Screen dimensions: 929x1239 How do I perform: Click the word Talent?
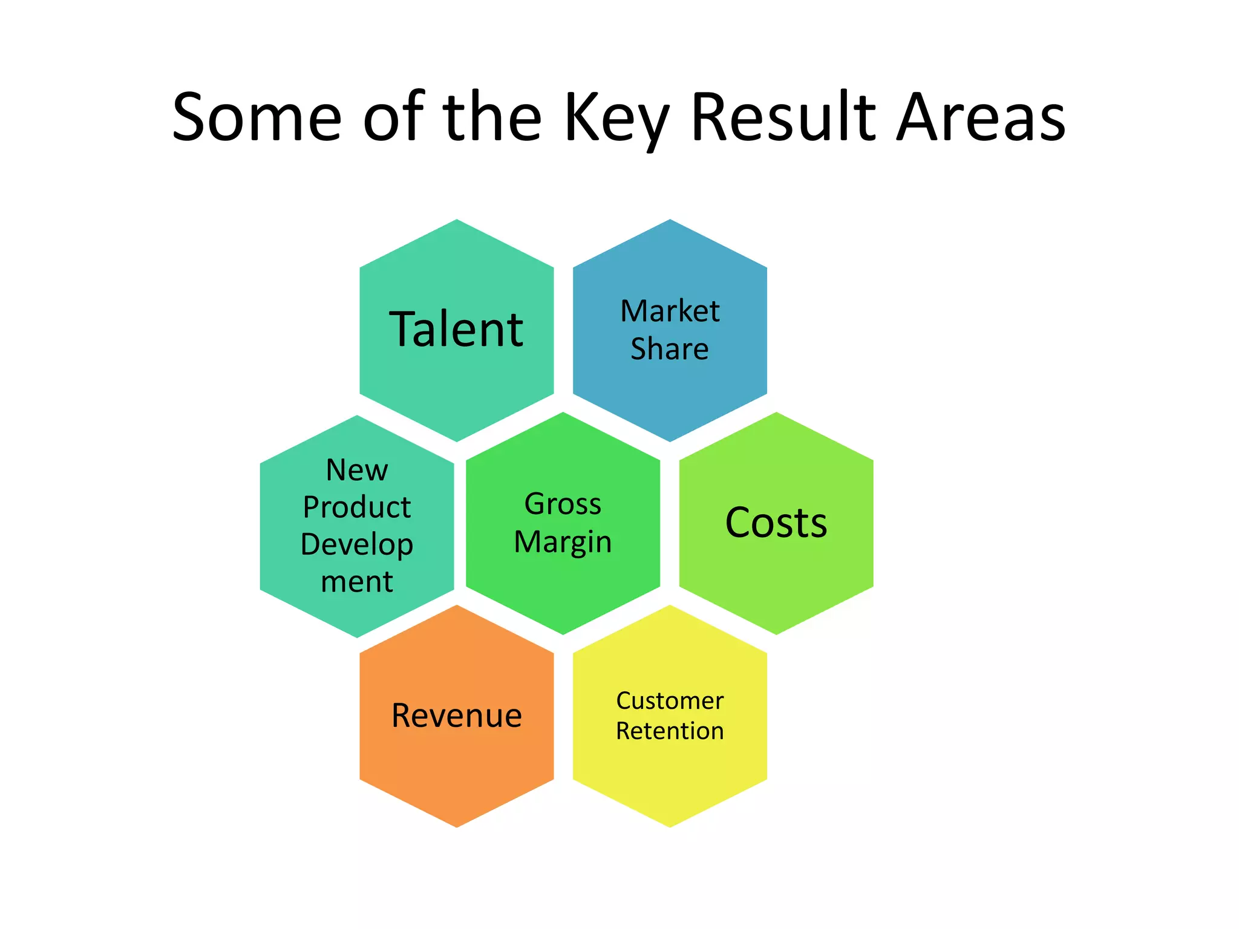coord(456,330)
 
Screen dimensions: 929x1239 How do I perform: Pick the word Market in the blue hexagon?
coord(670,311)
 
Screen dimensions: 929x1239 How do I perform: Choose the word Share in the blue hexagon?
coord(670,349)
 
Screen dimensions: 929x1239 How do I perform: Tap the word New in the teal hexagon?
coord(357,470)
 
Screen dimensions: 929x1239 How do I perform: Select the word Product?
coord(357,507)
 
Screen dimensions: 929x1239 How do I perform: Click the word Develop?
coord(357,544)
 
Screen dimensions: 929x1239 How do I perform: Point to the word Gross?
coord(563,504)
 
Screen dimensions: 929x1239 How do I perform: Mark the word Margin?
coord(563,542)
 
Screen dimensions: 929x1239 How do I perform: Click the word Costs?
coord(776,523)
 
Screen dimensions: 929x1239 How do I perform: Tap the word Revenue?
coord(456,715)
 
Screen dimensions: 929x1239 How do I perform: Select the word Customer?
coord(670,701)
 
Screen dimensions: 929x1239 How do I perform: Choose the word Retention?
coord(670,731)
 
